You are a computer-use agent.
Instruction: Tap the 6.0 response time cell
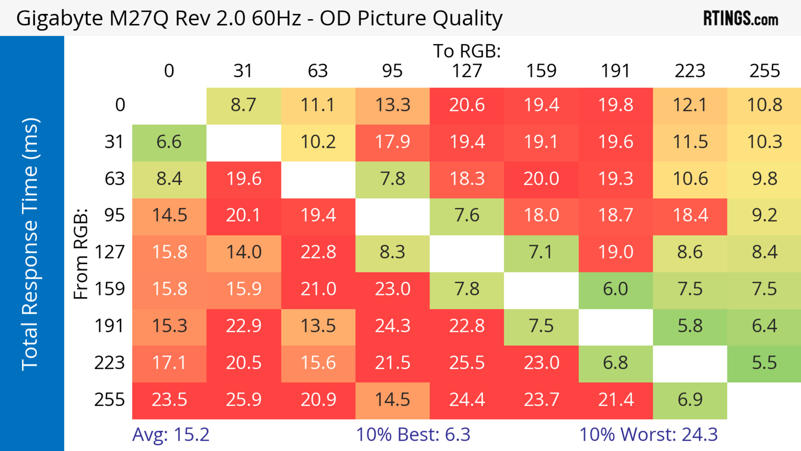pyautogui.click(x=615, y=289)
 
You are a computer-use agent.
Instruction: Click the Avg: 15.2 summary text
pyautogui.click(x=171, y=435)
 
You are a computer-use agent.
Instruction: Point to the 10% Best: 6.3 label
pyautogui.click(x=413, y=435)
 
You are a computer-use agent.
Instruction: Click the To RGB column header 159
pyautogui.click(x=541, y=71)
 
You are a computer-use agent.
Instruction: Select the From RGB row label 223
pyautogui.click(x=110, y=363)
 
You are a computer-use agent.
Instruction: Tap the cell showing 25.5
pyautogui.click(x=467, y=363)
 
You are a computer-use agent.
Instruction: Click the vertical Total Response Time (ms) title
pyautogui.click(x=30, y=244)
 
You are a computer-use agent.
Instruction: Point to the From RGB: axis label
pyautogui.click(x=81, y=254)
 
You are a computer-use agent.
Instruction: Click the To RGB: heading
pyautogui.click(x=467, y=51)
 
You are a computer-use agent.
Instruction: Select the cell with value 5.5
pyautogui.click(x=764, y=363)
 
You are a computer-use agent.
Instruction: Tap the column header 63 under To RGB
pyautogui.click(x=318, y=71)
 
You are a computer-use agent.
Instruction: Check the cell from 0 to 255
pyautogui.click(x=764, y=105)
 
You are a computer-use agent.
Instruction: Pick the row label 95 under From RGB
pyautogui.click(x=115, y=215)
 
